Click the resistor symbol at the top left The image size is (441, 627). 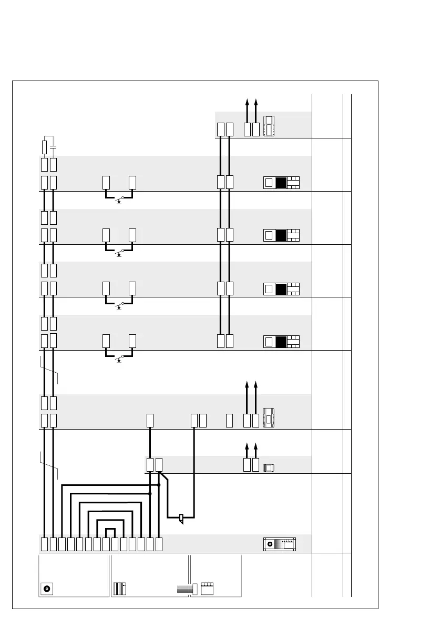point(45,146)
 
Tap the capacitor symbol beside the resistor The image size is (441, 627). point(54,145)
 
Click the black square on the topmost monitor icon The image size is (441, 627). point(281,183)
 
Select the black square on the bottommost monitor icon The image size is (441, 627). point(281,341)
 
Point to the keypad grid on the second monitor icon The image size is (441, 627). point(293,235)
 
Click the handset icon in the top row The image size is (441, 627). point(269,125)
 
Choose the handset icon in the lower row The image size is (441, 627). point(269,417)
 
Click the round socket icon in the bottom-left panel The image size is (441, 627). point(47,588)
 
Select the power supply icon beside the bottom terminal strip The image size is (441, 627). point(279,544)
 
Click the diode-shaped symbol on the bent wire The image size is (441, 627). point(181,519)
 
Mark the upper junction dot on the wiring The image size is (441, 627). point(159,483)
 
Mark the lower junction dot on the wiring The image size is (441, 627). point(150,494)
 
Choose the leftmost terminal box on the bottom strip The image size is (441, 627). point(44,544)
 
